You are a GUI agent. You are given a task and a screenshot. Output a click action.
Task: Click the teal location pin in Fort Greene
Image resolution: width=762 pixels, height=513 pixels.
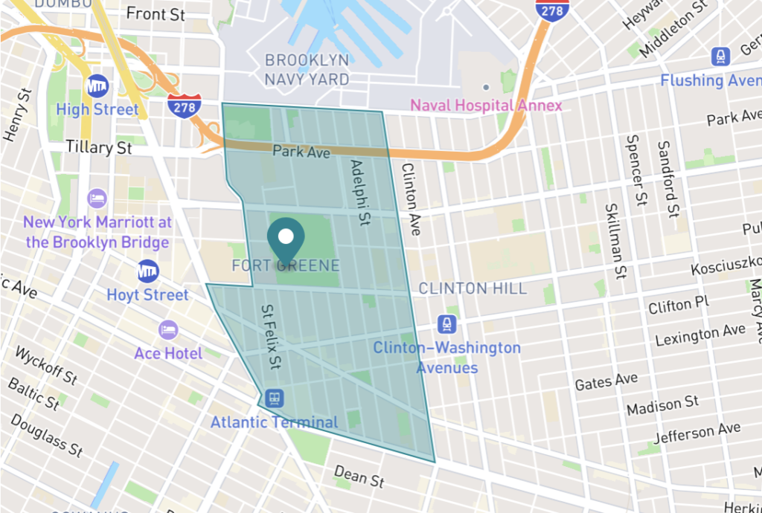pyautogui.click(x=285, y=236)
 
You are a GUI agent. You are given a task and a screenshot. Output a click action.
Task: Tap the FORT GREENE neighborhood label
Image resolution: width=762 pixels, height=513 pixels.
pyautogui.click(x=286, y=265)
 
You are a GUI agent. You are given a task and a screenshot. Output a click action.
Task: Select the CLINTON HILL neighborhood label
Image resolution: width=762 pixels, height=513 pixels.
pyautogui.click(x=473, y=288)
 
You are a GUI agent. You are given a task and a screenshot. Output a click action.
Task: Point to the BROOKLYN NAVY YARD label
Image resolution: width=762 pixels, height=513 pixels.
pyautogui.click(x=307, y=69)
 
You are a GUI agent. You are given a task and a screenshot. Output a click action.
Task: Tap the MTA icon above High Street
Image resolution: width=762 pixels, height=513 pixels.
pyautogui.click(x=97, y=85)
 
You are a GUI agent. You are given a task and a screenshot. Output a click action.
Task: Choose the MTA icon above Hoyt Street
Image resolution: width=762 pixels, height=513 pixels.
pyautogui.click(x=148, y=271)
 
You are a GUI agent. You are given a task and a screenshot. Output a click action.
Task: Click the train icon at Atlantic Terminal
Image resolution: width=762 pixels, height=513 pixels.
pyautogui.click(x=274, y=398)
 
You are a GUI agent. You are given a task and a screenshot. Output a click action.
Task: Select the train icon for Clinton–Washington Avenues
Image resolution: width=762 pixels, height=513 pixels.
pyautogui.click(x=446, y=324)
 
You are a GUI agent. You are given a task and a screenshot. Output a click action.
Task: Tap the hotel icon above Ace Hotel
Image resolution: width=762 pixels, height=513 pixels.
pyautogui.click(x=168, y=329)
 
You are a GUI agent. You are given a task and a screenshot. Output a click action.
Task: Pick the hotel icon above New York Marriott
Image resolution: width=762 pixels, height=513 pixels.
pyautogui.click(x=97, y=199)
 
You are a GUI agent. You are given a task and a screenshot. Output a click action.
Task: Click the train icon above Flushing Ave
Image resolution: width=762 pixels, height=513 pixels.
pyautogui.click(x=720, y=56)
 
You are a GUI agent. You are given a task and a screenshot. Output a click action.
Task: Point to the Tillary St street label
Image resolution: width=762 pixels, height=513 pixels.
pyautogui.click(x=99, y=147)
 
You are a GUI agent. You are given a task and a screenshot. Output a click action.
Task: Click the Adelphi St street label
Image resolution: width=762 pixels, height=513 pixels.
pyautogui.click(x=360, y=192)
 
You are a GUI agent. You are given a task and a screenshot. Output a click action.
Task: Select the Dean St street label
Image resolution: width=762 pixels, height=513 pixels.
pyautogui.click(x=359, y=476)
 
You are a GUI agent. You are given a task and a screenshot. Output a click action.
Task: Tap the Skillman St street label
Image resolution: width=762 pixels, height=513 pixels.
pyautogui.click(x=614, y=241)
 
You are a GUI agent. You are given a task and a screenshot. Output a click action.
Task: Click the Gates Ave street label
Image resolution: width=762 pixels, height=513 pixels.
pyautogui.click(x=606, y=382)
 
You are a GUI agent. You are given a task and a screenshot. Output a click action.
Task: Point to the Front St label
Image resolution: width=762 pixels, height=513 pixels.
pyautogui.click(x=156, y=13)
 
